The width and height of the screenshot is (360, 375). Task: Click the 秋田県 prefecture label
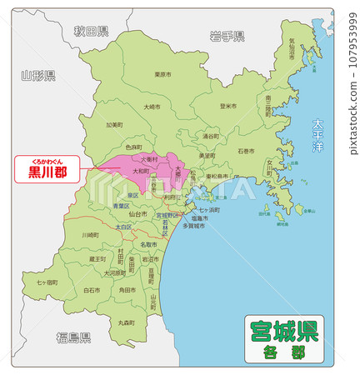pos(91,32)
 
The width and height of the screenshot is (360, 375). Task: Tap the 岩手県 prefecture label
pos(227,36)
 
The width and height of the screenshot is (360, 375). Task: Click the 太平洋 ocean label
pos(317,134)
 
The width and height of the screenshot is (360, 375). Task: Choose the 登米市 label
pos(228,106)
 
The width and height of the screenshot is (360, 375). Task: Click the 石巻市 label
pos(246,152)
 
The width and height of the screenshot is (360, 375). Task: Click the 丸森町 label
pos(126,322)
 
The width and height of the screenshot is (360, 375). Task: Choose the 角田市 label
pos(127,289)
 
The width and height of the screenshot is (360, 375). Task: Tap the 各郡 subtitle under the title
pos(282,352)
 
